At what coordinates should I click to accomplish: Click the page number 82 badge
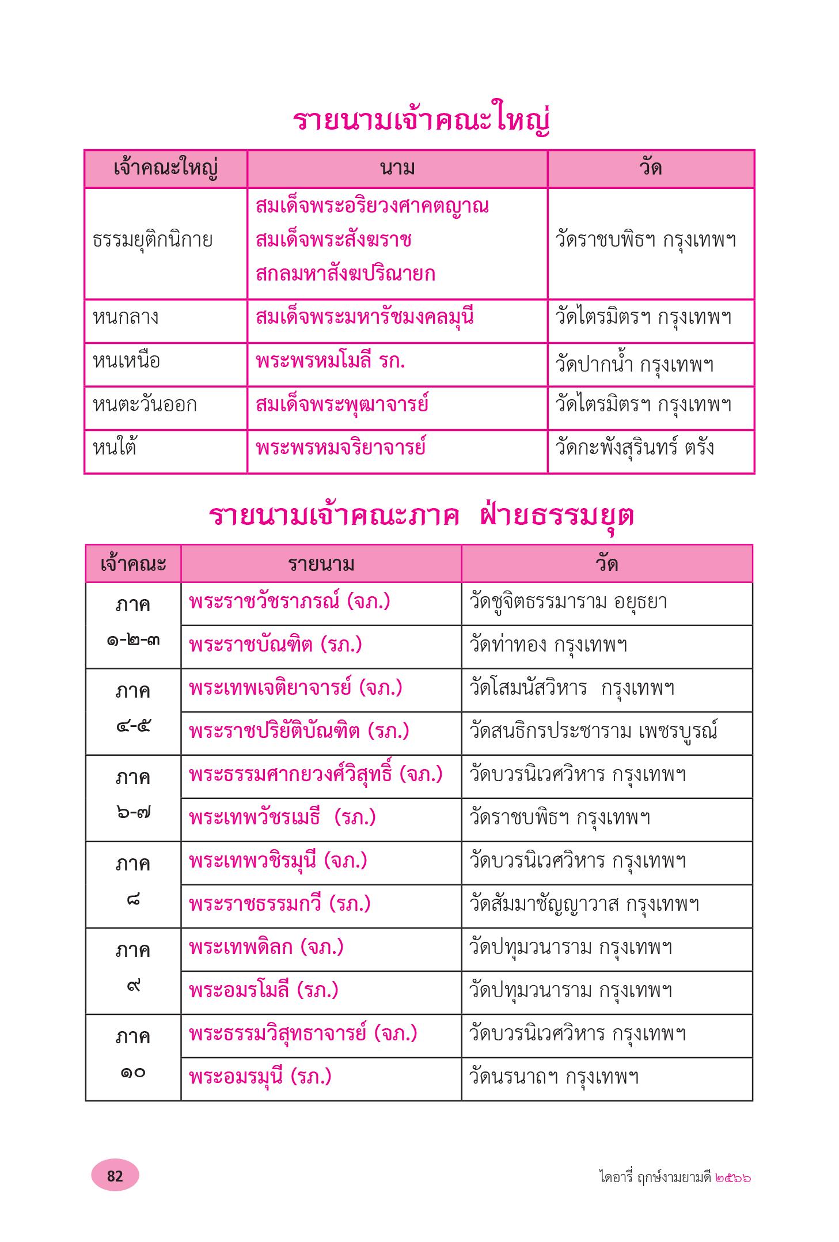pyautogui.click(x=115, y=1175)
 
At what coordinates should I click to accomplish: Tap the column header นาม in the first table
pyautogui.click(x=397, y=168)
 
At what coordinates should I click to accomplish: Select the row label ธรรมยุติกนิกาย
pyautogui.click(x=153, y=240)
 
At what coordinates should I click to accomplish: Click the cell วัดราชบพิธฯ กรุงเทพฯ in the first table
pyautogui.click(x=646, y=240)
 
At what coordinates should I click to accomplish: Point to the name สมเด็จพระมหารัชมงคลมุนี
pyautogui.click(x=365, y=317)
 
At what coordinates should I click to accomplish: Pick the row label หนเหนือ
pyautogui.click(x=126, y=361)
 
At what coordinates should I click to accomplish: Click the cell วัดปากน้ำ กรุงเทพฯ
pyautogui.click(x=634, y=364)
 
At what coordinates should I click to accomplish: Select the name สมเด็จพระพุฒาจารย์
pyautogui.click(x=342, y=404)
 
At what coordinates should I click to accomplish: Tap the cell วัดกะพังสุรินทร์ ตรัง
pyautogui.click(x=635, y=448)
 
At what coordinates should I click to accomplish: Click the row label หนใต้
pyautogui.click(x=115, y=448)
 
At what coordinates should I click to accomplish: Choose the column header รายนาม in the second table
pyautogui.click(x=321, y=563)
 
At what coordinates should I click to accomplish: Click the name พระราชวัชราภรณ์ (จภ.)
pyautogui.click(x=290, y=602)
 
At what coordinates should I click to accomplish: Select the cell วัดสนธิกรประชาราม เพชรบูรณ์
pyautogui.click(x=594, y=732)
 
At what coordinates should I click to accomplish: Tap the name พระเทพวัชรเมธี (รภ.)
pyautogui.click(x=282, y=818)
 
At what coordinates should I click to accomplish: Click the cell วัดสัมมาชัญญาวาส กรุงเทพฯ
pyautogui.click(x=584, y=904)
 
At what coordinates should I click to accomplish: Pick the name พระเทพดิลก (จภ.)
pyautogui.click(x=266, y=948)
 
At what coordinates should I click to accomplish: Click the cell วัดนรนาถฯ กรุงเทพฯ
pyautogui.click(x=554, y=1077)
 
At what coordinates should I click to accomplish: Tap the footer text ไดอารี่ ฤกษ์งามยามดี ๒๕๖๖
pyautogui.click(x=674, y=1177)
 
